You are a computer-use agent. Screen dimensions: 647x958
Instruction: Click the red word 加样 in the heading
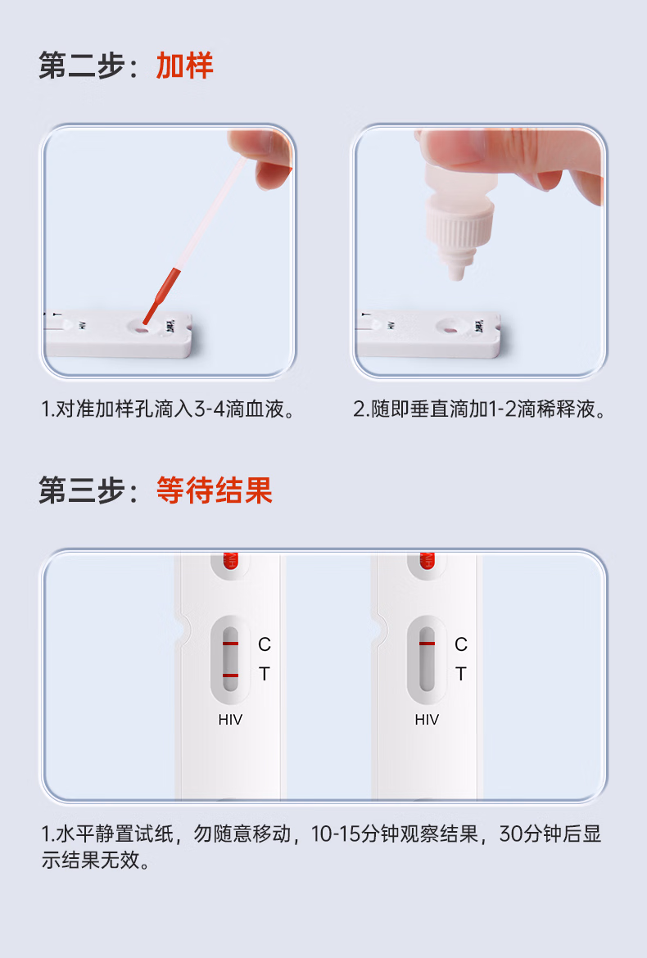[x=184, y=66]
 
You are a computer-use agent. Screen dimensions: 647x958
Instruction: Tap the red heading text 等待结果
[x=214, y=490]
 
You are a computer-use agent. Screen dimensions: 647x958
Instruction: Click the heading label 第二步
[x=82, y=66]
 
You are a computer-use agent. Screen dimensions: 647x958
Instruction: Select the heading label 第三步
[x=82, y=490]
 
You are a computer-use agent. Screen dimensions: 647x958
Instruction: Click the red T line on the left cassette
[x=230, y=676]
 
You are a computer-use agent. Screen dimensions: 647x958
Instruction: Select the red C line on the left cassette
[x=230, y=644]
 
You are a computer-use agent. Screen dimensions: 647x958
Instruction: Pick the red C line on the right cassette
[x=427, y=644]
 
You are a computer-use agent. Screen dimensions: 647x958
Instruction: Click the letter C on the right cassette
[x=460, y=644]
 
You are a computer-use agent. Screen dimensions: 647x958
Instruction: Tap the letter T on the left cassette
[x=264, y=674]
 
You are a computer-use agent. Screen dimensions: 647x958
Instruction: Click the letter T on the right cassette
[x=460, y=674]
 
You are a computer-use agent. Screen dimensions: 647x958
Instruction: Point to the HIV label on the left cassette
[x=230, y=720]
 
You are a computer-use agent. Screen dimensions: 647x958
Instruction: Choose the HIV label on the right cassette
[x=427, y=720]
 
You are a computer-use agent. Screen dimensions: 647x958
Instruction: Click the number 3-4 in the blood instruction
[x=210, y=409]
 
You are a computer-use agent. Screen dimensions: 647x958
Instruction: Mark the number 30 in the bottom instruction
[x=511, y=834]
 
